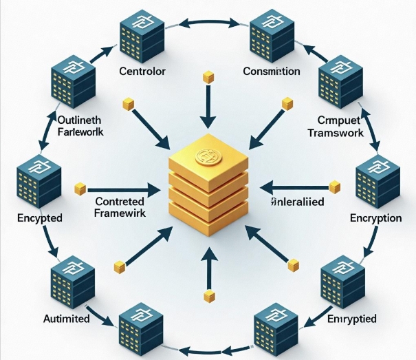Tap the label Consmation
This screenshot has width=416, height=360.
(x=271, y=72)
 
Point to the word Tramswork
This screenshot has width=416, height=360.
(x=334, y=133)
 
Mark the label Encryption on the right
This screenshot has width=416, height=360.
(x=375, y=218)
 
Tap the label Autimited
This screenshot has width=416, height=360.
(x=67, y=319)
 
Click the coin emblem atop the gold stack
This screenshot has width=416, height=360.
(x=208, y=156)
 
